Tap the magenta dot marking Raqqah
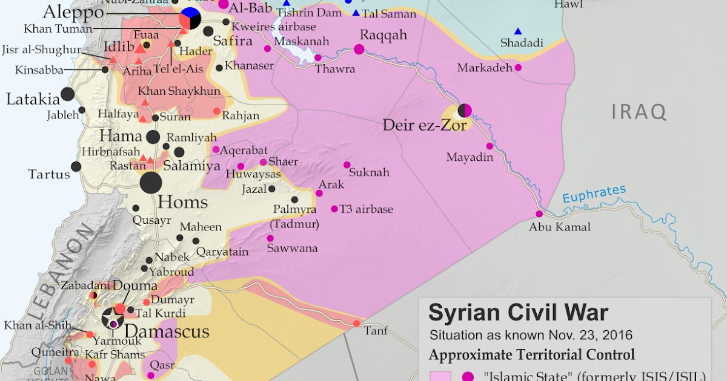click(x=359, y=50)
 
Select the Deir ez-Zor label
click(x=425, y=125)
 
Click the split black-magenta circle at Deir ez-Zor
click(x=465, y=110)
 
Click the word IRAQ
click(x=639, y=112)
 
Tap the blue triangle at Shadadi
click(x=518, y=31)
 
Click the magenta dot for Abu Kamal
click(x=539, y=213)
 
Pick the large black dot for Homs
click(x=151, y=183)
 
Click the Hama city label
click(x=121, y=135)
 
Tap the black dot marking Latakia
click(x=68, y=94)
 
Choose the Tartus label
click(x=49, y=175)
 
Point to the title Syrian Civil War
click(x=518, y=313)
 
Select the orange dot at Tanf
click(x=356, y=324)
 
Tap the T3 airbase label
click(x=366, y=209)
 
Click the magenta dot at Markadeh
click(x=518, y=68)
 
